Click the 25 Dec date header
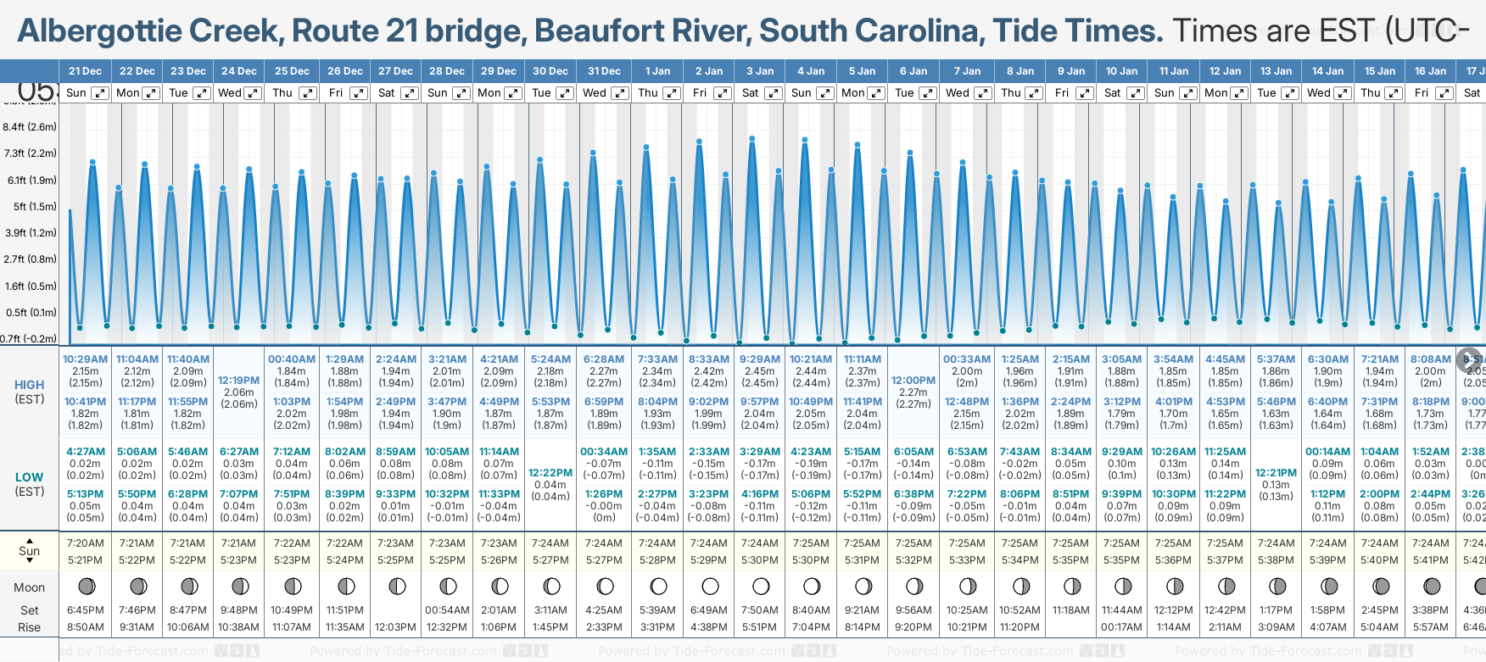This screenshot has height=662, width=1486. tap(292, 71)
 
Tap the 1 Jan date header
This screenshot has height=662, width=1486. tap(657, 71)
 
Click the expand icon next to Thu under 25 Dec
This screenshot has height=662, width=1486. tap(308, 93)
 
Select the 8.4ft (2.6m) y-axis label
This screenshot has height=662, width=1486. tap(30, 127)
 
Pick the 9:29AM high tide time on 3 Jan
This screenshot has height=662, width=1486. tap(759, 359)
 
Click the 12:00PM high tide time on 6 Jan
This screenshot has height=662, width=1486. tap(913, 381)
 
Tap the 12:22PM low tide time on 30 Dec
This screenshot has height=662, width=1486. tap(550, 473)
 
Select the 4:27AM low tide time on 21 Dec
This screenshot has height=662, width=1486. tap(85, 452)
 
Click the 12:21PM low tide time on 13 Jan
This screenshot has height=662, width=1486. tap(1276, 473)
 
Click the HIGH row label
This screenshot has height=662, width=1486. tap(29, 385)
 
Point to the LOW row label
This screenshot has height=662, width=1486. tap(29, 477)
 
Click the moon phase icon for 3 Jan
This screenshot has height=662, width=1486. tap(761, 586)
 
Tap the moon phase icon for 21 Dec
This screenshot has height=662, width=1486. tap(86, 586)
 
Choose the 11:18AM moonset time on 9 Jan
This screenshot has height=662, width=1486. tap(1070, 610)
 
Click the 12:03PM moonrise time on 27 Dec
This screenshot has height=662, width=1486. tap(395, 627)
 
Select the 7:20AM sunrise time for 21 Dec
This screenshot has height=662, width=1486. tap(85, 543)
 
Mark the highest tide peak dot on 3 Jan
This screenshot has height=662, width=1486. tap(751, 139)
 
